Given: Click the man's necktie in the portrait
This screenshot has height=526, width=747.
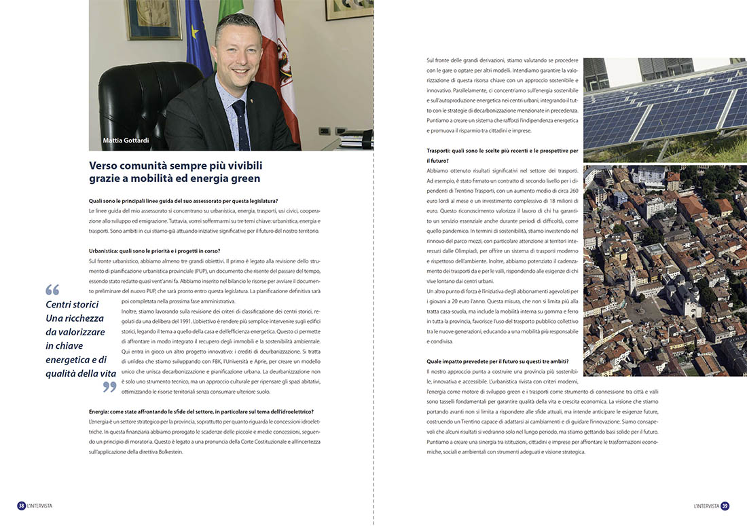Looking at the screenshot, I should (x=240, y=122).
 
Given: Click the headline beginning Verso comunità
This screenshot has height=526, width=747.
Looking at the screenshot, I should (x=175, y=172).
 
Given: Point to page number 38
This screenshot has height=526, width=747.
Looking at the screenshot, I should (x=22, y=506).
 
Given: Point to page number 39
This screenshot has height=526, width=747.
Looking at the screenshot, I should (x=725, y=506).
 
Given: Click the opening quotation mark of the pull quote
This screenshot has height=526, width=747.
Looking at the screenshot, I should (x=52, y=290).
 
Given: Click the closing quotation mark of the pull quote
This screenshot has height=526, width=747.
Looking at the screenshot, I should (x=109, y=387).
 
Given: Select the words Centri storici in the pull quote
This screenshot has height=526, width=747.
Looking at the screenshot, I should (x=73, y=305).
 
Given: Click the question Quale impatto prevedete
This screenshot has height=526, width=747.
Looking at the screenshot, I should (x=498, y=361).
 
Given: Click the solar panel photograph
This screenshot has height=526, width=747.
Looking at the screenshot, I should (x=665, y=109).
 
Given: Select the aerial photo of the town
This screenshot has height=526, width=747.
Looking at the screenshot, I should (x=665, y=270).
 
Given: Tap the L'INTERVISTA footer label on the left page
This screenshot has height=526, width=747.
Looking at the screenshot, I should (x=40, y=506).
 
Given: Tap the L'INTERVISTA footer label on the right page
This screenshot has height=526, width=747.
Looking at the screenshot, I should (x=706, y=506).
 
